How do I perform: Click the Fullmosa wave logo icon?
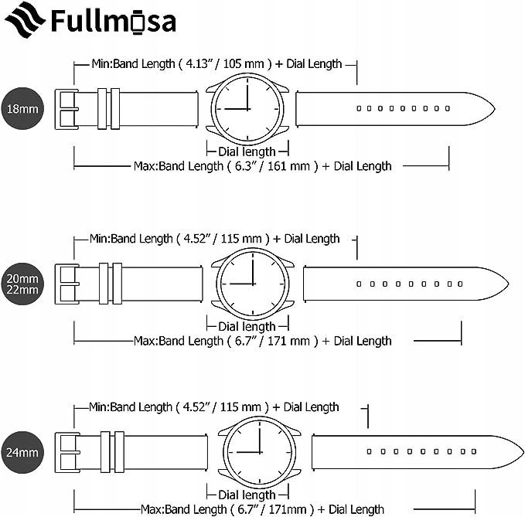25,20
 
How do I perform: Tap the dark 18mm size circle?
22,109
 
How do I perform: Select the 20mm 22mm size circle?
22,284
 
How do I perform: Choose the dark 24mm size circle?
22,452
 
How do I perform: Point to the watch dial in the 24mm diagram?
260,452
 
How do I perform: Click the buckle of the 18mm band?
66,109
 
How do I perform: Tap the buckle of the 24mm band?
67,452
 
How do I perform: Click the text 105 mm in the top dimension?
244,63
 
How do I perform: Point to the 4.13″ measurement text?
198,63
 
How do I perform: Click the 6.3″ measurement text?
246,166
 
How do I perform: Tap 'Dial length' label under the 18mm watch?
247,151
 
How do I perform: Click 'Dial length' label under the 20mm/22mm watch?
247,326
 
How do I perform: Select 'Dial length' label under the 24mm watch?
247,495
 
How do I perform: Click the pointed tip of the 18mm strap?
495,108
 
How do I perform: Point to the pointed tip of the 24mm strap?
523,452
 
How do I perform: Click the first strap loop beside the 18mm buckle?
102,109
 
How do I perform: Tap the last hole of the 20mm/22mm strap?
460,284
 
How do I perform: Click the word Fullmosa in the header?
114,22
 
